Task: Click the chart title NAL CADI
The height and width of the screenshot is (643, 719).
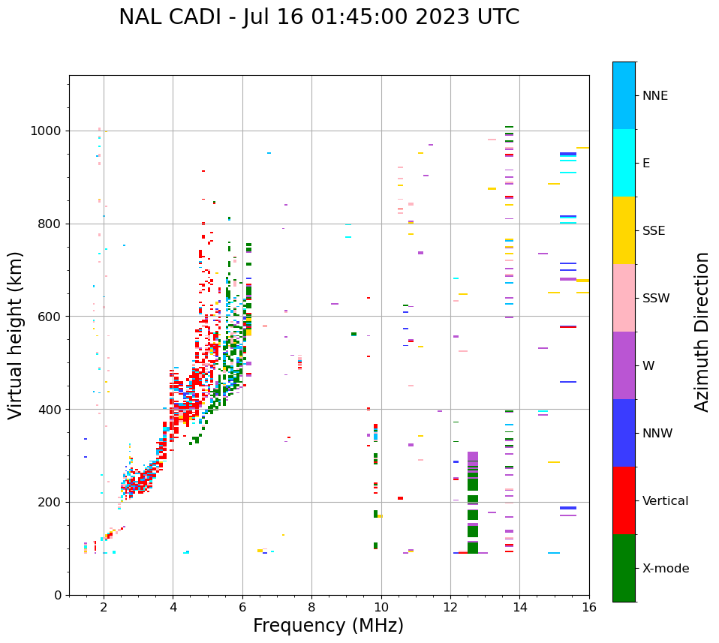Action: (x=319, y=17)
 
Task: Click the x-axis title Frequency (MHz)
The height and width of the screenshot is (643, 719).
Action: (x=328, y=626)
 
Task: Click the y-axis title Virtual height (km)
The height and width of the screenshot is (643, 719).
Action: (x=16, y=335)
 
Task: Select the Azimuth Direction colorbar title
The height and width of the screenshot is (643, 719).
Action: (x=702, y=332)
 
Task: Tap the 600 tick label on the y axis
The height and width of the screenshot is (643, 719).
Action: (x=51, y=317)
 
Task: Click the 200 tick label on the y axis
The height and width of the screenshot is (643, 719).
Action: (x=51, y=502)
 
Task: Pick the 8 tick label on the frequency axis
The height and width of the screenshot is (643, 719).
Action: (x=311, y=607)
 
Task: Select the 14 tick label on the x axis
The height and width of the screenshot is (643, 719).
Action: (x=519, y=607)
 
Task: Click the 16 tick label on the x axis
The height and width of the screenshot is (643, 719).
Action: (x=589, y=607)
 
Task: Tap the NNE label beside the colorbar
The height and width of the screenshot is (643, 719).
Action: (x=654, y=96)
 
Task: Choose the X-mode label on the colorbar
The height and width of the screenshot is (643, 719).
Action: (x=665, y=569)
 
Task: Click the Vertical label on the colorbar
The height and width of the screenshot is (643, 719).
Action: (x=665, y=501)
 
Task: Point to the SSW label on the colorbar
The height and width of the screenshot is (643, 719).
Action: (x=655, y=299)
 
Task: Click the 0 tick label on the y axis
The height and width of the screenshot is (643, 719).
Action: (x=59, y=595)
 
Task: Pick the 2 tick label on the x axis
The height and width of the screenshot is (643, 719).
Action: (x=104, y=607)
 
